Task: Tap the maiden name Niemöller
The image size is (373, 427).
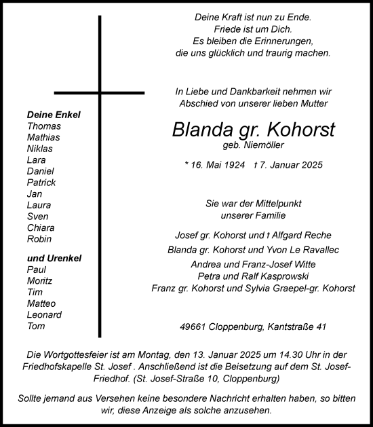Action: point(261,145)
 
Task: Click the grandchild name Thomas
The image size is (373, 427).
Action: point(44,126)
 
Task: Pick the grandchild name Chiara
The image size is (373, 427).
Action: point(41,227)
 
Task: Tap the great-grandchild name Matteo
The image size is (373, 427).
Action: point(41,303)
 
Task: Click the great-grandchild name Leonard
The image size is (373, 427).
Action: point(44,314)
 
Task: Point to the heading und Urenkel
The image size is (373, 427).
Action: point(54,258)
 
